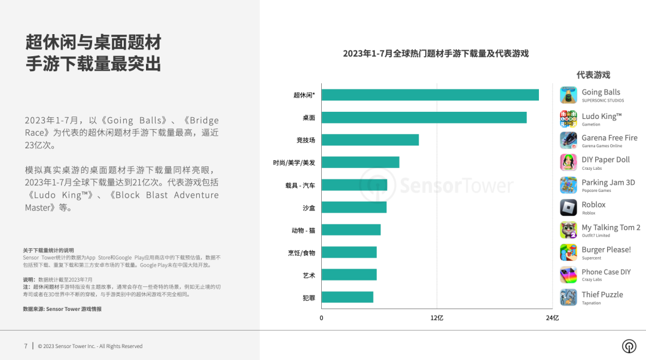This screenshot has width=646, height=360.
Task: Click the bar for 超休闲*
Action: point(429,95)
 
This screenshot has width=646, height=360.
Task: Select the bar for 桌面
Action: point(423,118)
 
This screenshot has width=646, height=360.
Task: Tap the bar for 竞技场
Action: point(370,140)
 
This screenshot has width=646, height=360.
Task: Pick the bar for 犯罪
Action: point(347,297)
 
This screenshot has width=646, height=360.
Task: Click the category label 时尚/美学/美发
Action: point(294,163)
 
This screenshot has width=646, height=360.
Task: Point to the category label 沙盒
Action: point(309,208)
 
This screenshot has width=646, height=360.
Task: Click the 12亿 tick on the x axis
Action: point(437,318)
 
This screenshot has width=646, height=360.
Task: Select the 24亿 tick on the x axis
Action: point(551,318)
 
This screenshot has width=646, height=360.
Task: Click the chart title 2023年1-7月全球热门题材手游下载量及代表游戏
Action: point(435,54)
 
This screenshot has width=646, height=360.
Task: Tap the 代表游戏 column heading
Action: point(593,75)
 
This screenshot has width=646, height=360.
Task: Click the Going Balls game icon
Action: point(568,95)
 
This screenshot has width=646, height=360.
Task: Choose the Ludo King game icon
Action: point(568,118)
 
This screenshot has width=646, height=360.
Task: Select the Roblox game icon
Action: point(568,208)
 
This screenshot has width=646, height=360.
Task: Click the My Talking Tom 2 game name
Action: point(611,227)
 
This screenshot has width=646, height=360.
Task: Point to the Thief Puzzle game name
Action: point(602,294)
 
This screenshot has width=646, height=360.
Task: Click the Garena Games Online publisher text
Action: point(602,146)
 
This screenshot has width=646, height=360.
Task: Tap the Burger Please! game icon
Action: point(568,252)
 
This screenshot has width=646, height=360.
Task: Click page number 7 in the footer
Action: point(26,346)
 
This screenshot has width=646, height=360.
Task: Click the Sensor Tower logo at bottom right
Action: point(629,346)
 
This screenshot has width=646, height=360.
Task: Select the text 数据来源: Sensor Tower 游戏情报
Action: point(62,309)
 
